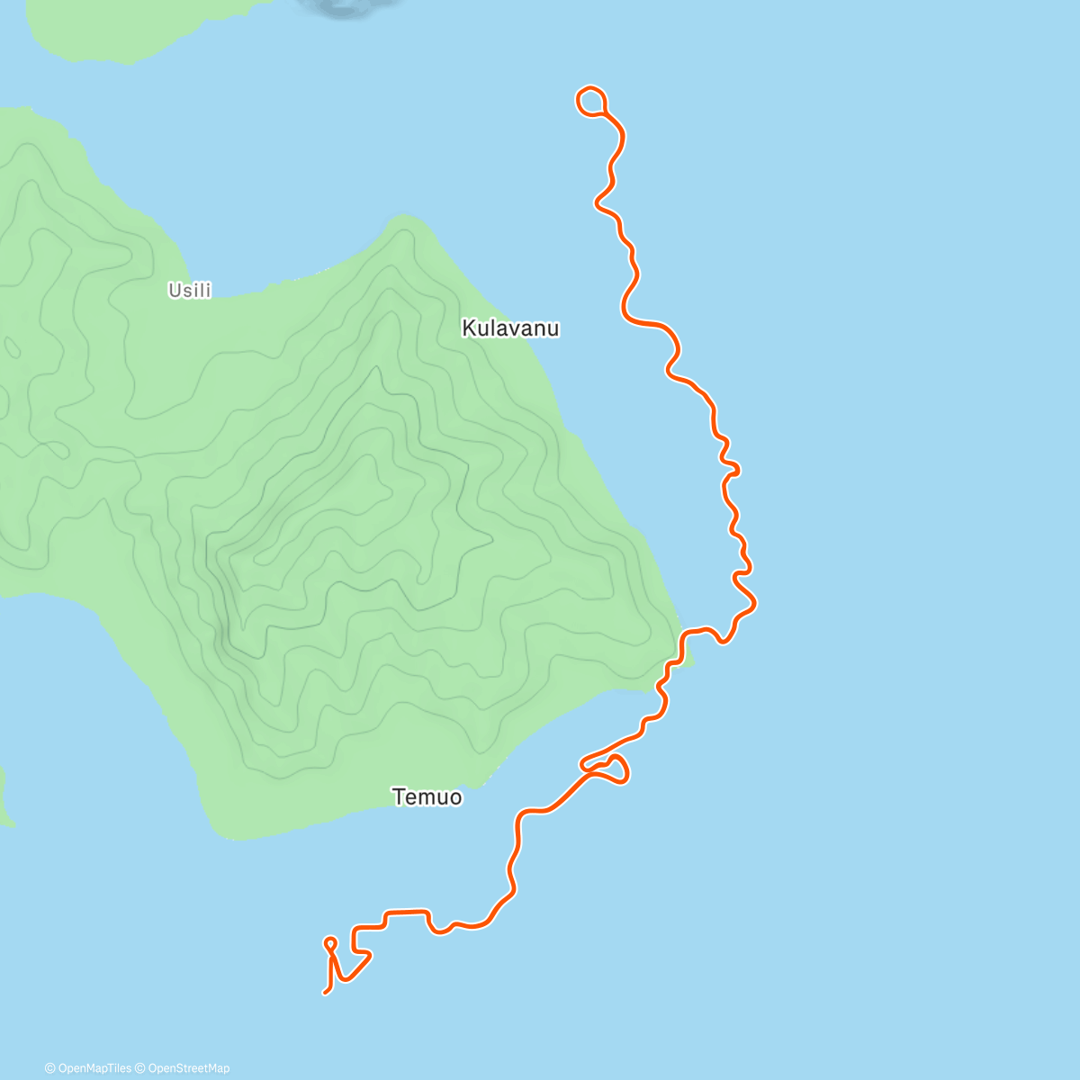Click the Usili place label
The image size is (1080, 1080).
click(x=190, y=290)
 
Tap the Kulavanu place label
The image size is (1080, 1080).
click(x=510, y=328)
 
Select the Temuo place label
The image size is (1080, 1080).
click(x=427, y=796)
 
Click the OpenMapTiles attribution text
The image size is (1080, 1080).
click(x=94, y=1068)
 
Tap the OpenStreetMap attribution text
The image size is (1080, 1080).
click(x=188, y=1068)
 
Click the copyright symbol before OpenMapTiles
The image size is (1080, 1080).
click(x=49, y=1068)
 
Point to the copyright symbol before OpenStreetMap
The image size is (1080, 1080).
click(x=140, y=1068)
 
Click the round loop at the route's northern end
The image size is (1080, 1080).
click(x=590, y=101)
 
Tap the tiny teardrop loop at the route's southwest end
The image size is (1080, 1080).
click(x=330, y=943)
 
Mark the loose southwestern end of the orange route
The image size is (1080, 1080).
click(x=325, y=993)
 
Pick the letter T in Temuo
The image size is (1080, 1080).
click(x=398, y=796)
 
